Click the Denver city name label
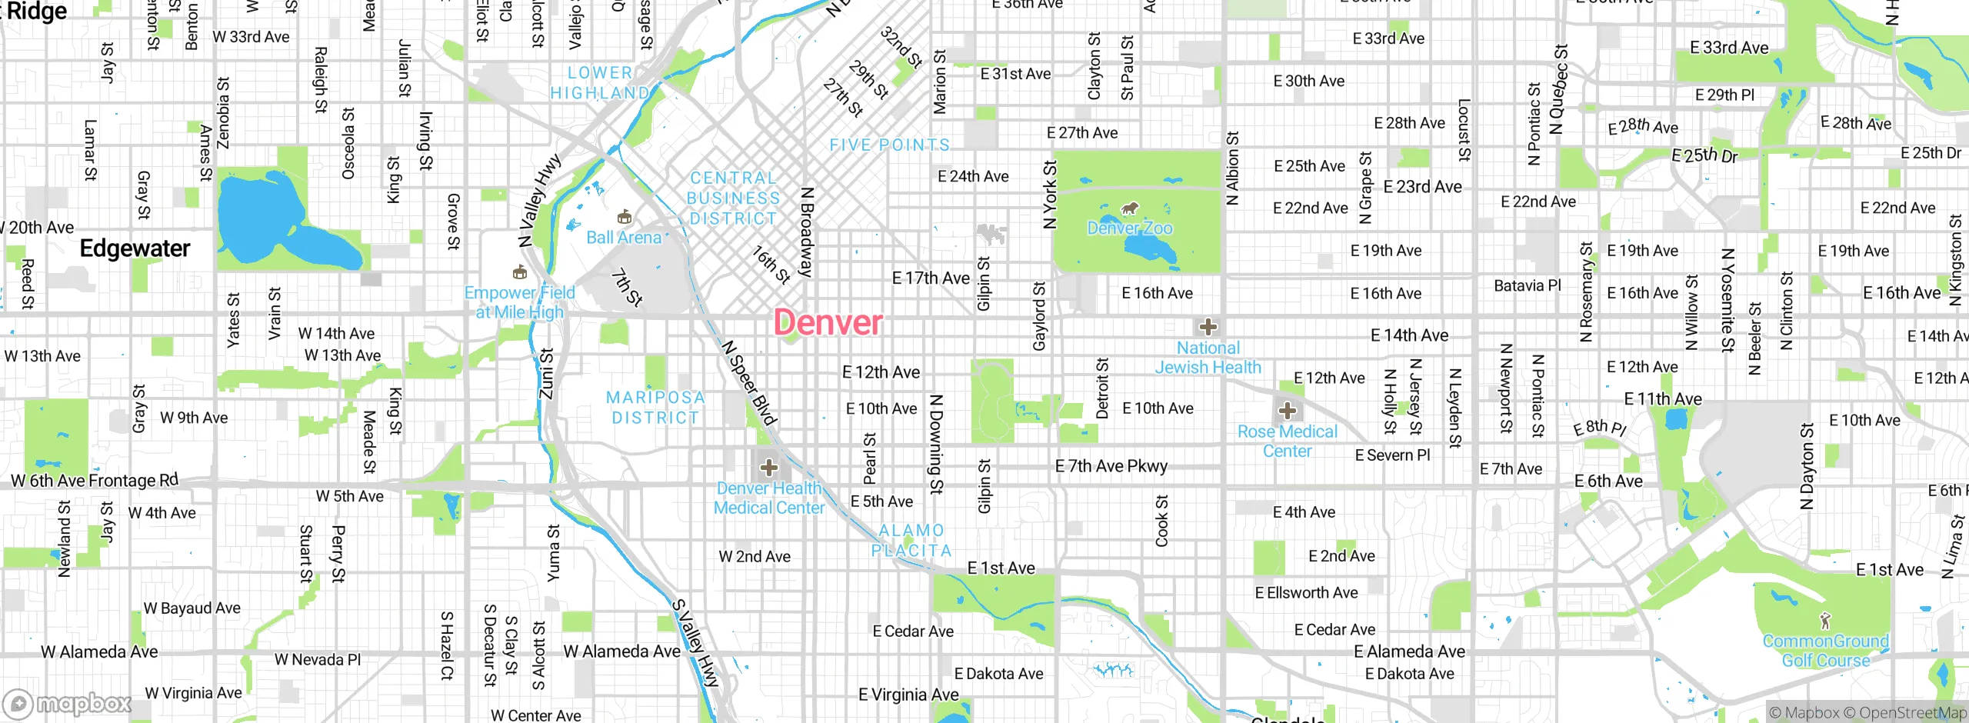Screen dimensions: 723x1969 pos(828,322)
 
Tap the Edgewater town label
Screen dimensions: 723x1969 pos(135,248)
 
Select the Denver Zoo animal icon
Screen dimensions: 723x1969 pos(1130,208)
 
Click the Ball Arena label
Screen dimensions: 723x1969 pos(624,238)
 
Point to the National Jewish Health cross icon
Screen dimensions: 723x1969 pos(1208,327)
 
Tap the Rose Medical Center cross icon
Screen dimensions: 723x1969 pos(1288,411)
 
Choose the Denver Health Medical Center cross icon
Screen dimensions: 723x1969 pos(768,467)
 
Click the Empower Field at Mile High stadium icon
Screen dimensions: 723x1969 pos(520,272)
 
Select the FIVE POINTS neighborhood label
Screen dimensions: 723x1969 pos(889,145)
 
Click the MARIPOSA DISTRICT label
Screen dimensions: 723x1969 pos(655,408)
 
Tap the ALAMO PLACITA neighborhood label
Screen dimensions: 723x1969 pos(911,541)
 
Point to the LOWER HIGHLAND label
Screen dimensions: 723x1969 pos(600,83)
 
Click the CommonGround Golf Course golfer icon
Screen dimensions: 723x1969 pos(1826,621)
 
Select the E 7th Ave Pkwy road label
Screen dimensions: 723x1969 pos(1111,466)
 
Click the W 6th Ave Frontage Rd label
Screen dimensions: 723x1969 pos(95,481)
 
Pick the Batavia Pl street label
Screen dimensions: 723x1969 pos(1527,285)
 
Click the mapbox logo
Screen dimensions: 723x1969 pos(68,703)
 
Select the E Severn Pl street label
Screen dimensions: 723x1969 pos(1392,455)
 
